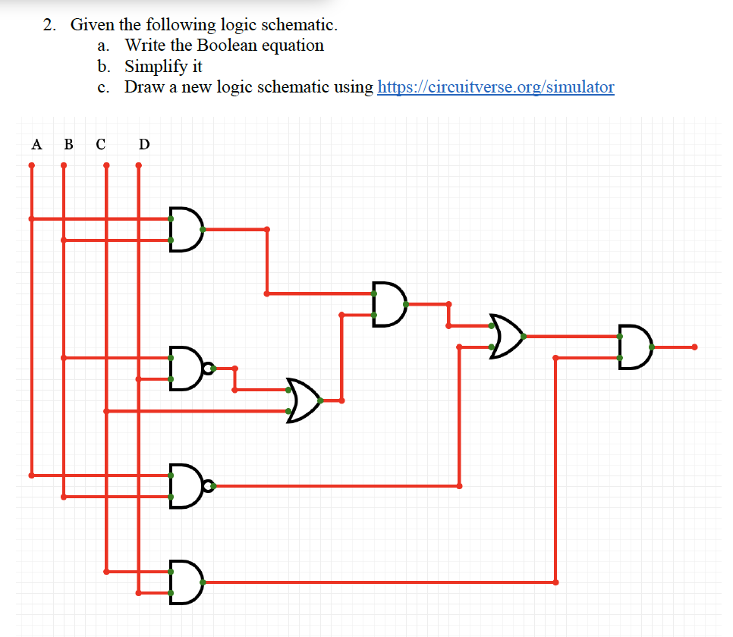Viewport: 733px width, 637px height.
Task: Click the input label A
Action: point(35,143)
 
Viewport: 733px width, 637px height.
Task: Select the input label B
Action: point(68,143)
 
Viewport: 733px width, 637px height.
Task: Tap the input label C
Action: point(100,143)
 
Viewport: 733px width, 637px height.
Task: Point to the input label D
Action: point(144,143)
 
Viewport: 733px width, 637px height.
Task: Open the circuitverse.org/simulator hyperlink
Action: point(495,86)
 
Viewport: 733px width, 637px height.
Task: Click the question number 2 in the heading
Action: point(49,25)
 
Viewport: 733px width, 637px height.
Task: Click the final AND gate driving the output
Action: point(634,347)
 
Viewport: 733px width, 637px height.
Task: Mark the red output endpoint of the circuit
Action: point(694,347)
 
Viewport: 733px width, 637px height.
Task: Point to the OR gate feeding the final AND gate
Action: point(507,336)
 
